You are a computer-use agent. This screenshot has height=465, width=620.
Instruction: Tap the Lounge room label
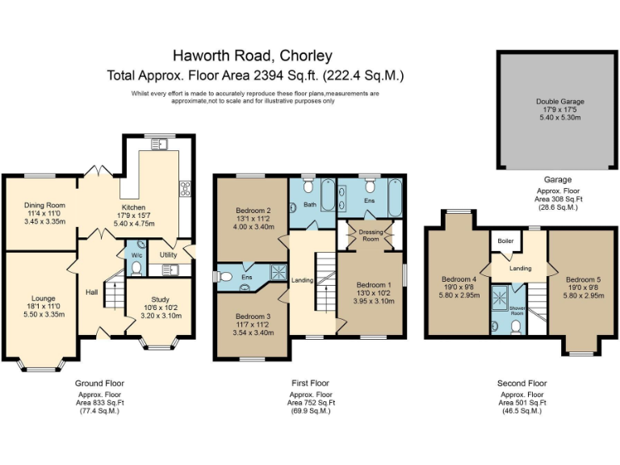(44, 299)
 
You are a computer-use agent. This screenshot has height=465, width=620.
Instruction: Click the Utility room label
(168, 255)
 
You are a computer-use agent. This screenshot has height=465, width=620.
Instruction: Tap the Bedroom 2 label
(252, 211)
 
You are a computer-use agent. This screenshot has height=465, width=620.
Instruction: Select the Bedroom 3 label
(252, 316)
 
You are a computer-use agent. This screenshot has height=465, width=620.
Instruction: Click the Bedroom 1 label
(373, 285)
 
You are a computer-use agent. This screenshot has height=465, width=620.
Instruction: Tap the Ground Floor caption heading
(99, 383)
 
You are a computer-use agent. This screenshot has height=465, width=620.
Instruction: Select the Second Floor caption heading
(522, 383)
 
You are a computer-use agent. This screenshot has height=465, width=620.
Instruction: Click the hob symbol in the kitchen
(185, 190)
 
